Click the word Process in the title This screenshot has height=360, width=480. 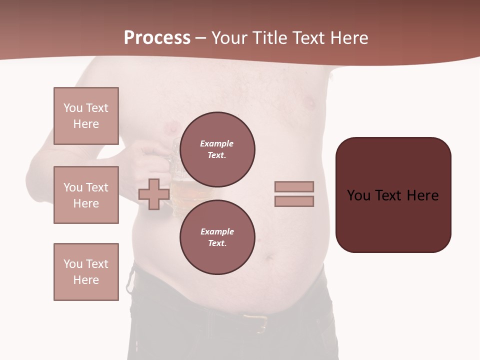coord(157,38)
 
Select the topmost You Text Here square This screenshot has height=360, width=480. coord(86,116)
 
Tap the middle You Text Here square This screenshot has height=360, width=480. coord(86,195)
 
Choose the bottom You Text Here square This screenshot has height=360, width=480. coord(86,271)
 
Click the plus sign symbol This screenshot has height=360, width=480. coord(153,194)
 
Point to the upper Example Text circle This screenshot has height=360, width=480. coord(217,149)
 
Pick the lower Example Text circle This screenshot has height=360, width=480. coord(217,237)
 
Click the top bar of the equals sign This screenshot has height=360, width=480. coord(294,186)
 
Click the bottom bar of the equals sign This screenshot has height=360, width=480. coord(294,201)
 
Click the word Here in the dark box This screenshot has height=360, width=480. coord(422,195)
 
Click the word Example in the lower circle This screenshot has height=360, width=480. coord(217,231)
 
